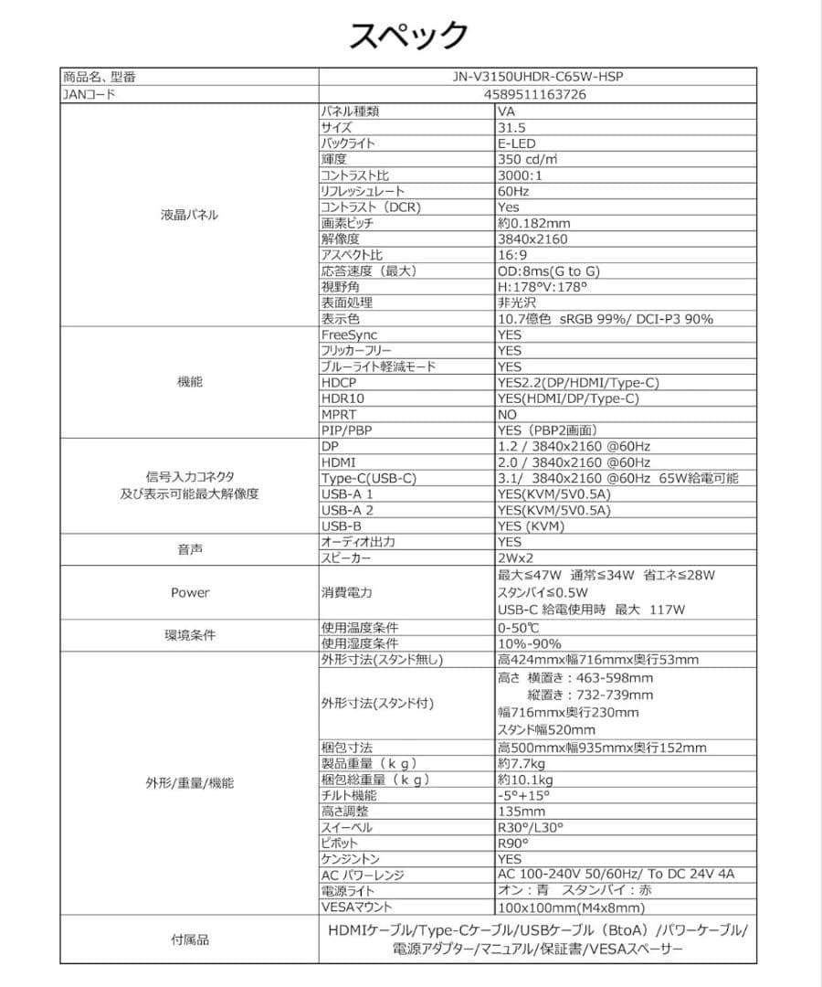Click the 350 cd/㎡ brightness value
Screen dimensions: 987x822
528,159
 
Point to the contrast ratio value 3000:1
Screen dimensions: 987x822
520,175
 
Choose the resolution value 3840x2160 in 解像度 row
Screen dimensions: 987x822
532,239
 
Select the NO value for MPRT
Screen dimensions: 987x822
508,414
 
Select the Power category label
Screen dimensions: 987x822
190,592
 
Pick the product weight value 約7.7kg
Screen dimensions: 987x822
522,763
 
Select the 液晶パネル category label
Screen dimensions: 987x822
190,216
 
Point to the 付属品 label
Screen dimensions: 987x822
190,939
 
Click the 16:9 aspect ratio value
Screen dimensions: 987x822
511,255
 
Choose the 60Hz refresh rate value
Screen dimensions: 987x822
513,191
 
